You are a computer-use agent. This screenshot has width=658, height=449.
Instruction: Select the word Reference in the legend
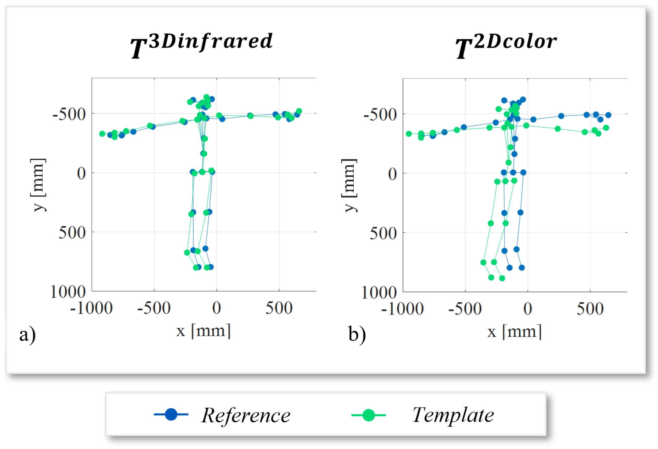tap(245, 415)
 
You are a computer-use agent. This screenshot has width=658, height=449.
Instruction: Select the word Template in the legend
tap(453, 415)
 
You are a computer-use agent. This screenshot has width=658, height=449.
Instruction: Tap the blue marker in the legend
tap(171, 414)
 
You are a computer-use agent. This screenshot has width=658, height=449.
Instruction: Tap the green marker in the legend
tap(368, 415)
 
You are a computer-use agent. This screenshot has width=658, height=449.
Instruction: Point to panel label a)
tap(27, 335)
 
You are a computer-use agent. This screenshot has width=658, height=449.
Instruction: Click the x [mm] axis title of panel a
tap(203, 331)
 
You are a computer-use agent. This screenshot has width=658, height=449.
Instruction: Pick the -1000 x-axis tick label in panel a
tap(91, 308)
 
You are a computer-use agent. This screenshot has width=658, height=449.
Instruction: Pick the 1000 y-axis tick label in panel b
tap(379, 293)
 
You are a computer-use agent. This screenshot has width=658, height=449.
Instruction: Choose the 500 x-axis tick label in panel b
tap(590, 309)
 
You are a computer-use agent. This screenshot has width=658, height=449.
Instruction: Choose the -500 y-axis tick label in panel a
tap(69, 115)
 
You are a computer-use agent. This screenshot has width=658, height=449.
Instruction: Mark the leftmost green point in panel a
tap(102, 134)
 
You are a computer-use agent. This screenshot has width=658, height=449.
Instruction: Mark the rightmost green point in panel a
tap(299, 111)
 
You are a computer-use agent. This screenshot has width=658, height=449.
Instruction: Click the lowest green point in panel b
tap(502, 278)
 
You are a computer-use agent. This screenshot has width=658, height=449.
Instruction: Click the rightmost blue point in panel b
tap(608, 115)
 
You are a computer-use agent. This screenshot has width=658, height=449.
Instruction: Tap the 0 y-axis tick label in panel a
tap(81, 174)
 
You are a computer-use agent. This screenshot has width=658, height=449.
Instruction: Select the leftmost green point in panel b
tap(409, 134)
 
